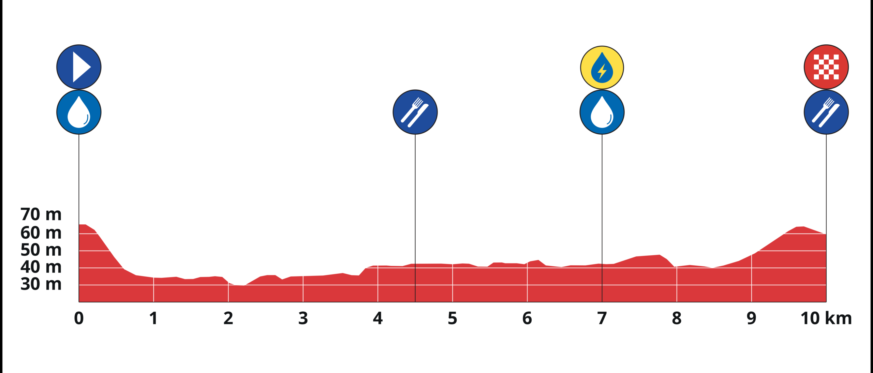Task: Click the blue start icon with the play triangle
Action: coord(79,67)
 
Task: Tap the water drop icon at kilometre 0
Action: coord(79,112)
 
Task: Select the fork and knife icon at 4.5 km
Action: coord(415,112)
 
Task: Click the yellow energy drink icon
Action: coord(602,68)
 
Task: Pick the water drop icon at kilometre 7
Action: coord(602,112)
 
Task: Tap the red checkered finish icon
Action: coord(826,67)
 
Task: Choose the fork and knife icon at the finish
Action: coord(826,112)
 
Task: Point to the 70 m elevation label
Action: coord(41,214)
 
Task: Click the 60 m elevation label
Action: coord(41,233)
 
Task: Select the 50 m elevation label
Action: coord(41,250)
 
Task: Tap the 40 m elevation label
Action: coord(41,267)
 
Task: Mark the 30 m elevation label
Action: coord(41,284)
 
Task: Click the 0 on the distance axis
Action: coord(79,318)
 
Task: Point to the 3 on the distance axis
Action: coord(303,318)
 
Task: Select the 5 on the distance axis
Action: coord(453,318)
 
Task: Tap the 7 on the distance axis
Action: coord(602,318)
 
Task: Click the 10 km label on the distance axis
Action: coord(826,318)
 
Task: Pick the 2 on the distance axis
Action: coord(228,318)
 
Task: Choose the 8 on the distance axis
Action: coord(677,318)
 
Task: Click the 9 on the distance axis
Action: coord(751,318)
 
